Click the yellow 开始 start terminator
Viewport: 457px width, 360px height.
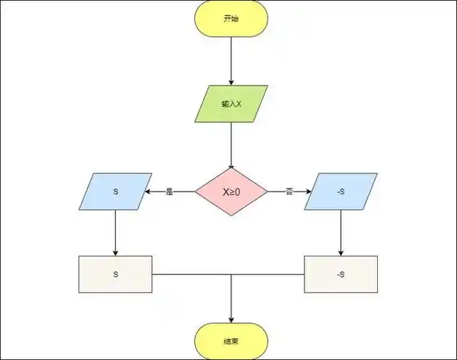[x=231, y=19]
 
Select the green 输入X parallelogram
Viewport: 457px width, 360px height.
[x=231, y=104]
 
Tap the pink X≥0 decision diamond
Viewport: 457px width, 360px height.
[x=231, y=192]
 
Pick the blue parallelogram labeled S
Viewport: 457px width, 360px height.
[x=115, y=192]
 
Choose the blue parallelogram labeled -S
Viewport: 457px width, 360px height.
[x=341, y=192]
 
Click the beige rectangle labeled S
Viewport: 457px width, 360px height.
[x=115, y=274]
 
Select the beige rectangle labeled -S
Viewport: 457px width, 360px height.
[x=341, y=274]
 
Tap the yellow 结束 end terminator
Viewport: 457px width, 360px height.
[x=231, y=340]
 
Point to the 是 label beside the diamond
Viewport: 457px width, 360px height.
[x=170, y=192]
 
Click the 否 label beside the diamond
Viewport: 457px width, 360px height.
[x=289, y=192]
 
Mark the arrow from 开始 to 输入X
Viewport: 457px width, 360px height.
[x=231, y=61]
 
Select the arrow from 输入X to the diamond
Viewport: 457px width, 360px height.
[x=231, y=144]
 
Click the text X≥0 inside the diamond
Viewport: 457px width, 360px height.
[x=231, y=192]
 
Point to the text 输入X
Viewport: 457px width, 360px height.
[x=231, y=104]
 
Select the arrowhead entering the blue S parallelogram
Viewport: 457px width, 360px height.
[x=148, y=192]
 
